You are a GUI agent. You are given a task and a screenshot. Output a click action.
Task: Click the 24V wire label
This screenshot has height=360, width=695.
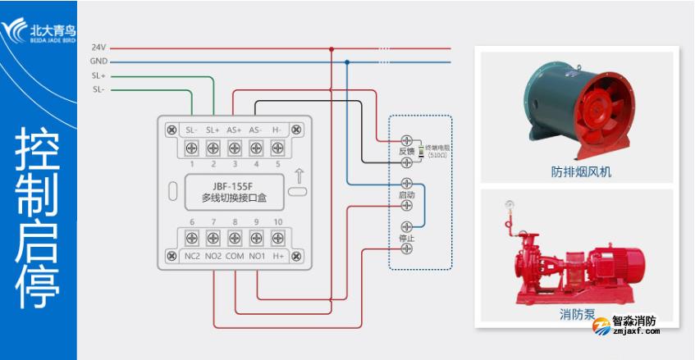(x=98, y=48)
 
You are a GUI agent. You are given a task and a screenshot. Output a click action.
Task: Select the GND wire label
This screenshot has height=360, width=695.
(x=98, y=62)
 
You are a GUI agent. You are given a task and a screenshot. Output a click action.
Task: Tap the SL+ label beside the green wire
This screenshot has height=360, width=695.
(x=98, y=75)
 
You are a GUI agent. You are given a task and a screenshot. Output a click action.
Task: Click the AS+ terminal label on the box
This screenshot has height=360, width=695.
(x=234, y=130)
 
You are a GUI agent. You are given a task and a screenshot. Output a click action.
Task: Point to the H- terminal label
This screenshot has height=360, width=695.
(x=277, y=130)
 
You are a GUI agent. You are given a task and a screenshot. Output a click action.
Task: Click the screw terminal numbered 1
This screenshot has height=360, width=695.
(x=191, y=148)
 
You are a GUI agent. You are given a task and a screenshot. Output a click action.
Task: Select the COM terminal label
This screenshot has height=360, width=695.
(x=234, y=257)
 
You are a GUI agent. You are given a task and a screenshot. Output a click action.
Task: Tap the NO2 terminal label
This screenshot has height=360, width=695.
(x=213, y=257)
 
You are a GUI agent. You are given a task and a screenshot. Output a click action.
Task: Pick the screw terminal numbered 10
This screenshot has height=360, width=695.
(x=277, y=239)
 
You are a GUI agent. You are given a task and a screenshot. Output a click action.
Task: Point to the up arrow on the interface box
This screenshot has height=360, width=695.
(x=299, y=175)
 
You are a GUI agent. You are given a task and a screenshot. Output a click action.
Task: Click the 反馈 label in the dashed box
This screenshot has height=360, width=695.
(x=406, y=151)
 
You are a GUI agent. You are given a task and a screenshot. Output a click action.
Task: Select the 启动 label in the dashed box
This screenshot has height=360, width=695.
(x=406, y=195)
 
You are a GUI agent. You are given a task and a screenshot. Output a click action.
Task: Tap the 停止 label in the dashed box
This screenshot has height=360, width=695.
(x=406, y=238)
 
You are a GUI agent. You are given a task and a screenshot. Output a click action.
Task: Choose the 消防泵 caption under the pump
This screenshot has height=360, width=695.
(x=576, y=314)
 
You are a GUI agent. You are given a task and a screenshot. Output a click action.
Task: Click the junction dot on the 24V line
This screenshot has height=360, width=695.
(x=331, y=48)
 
